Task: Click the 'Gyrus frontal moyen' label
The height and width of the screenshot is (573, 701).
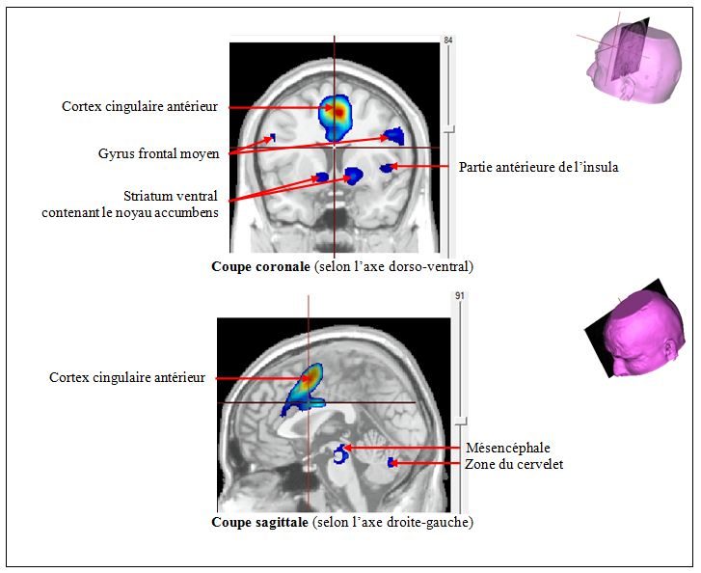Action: (158, 153)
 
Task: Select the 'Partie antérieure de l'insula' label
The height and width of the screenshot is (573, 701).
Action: (538, 167)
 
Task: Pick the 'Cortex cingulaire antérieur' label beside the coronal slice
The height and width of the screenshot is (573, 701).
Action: (137, 107)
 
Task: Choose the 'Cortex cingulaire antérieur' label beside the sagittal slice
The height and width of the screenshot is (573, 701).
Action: (127, 378)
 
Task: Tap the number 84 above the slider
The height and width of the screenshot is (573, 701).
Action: (447, 40)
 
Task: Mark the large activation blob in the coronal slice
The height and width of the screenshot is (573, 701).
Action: (336, 114)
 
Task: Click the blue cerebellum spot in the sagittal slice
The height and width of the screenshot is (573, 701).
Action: (391, 464)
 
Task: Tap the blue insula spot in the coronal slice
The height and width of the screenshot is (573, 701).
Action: (387, 168)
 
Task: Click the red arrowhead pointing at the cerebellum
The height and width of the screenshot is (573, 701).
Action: (399, 465)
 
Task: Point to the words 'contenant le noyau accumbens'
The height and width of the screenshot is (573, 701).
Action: (129, 212)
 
